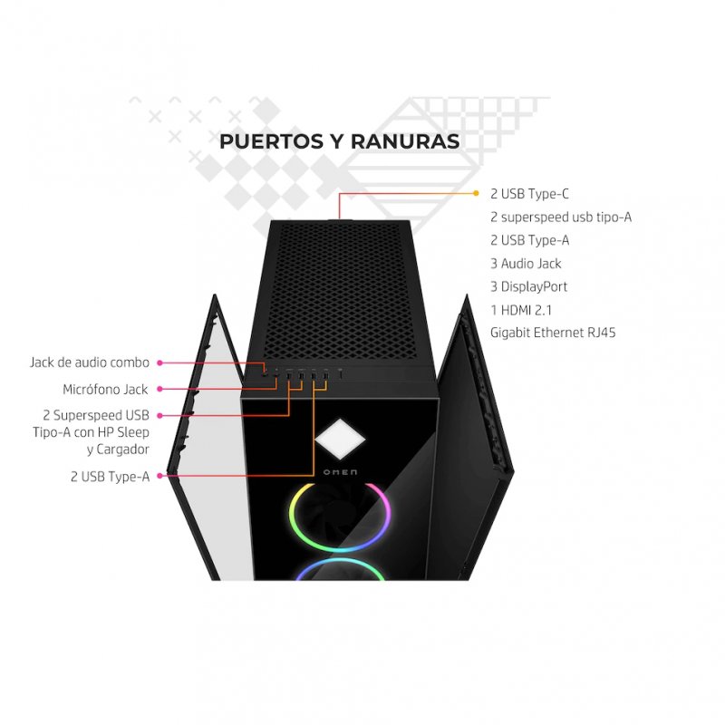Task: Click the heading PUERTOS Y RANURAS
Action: pos(339,141)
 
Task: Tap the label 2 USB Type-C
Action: pos(529,194)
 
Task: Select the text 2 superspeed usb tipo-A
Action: pos(560,217)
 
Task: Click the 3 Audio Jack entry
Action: pos(526,264)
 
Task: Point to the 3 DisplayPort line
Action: pos(528,286)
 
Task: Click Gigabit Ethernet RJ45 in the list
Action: pos(553,333)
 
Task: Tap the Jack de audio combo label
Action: pos(90,362)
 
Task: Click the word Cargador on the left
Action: pos(125,449)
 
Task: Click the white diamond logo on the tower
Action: pos(340,440)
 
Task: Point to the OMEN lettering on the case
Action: pos(340,473)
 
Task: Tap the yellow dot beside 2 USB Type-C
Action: pos(477,193)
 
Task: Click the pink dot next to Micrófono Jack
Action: pos(159,390)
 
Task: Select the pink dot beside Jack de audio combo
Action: pos(159,362)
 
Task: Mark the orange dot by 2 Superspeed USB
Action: pos(159,415)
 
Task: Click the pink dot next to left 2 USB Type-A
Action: pos(159,475)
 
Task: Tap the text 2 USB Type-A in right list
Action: pos(529,240)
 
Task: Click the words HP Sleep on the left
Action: pos(127,432)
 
